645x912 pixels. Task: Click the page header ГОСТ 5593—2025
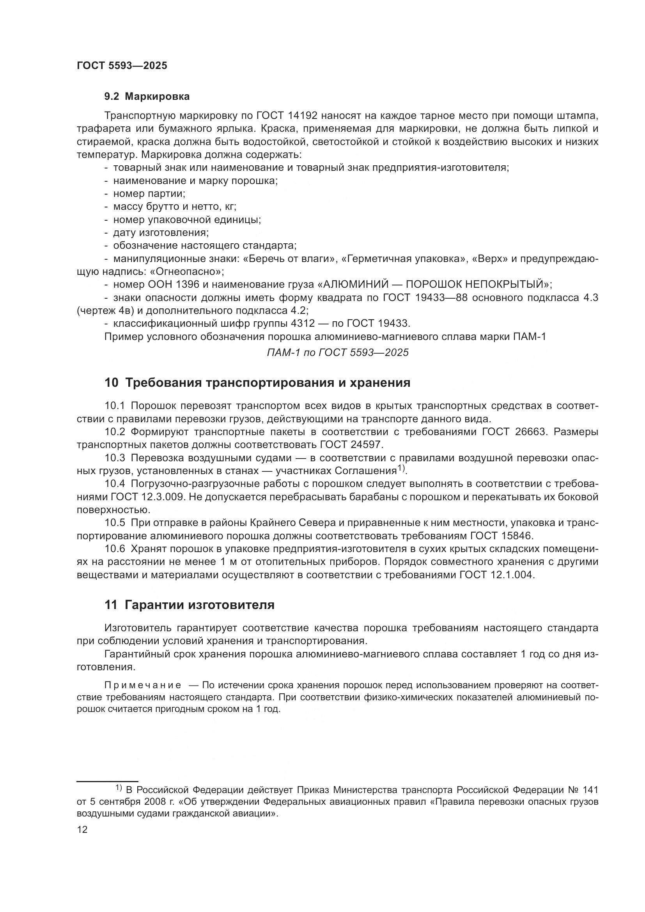122,66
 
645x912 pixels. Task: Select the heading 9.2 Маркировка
147,97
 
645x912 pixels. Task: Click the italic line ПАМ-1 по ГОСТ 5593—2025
338,352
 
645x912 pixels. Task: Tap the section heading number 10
111,383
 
